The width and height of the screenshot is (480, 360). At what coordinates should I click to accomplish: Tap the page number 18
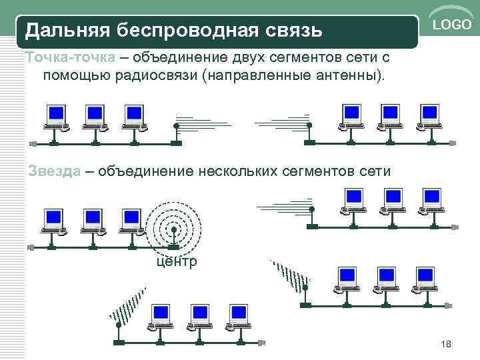coord(447,344)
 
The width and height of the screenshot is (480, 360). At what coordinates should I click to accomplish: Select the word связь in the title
coord(294,31)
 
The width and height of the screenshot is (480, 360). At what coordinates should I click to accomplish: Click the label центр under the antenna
coord(176,261)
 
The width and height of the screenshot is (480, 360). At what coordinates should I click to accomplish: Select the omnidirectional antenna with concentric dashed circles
coord(173,223)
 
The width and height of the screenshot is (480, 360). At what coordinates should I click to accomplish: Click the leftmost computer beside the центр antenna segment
coord(53,221)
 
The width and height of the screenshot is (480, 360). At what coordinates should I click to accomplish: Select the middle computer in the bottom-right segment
coord(386,279)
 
